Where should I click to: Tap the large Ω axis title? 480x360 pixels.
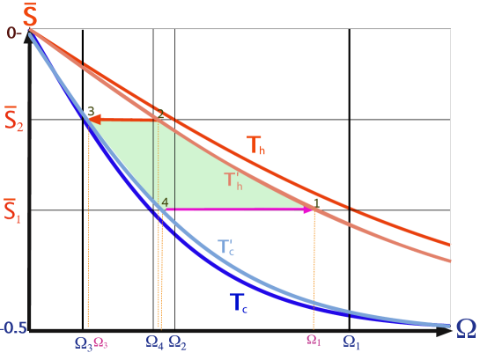(466, 328)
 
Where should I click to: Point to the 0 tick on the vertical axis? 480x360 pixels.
(11, 33)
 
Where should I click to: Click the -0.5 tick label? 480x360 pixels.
(13, 328)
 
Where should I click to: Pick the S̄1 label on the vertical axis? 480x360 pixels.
(12, 210)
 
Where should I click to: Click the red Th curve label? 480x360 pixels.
(255, 145)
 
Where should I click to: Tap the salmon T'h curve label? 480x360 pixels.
(234, 180)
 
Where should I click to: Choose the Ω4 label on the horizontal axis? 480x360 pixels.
(154, 342)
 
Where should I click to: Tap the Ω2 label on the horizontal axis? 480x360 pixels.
(177, 342)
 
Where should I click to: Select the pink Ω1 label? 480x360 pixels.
(314, 341)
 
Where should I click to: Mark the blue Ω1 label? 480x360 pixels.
(351, 342)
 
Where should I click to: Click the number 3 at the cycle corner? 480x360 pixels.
(91, 112)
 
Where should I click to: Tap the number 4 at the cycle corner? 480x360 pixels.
(165, 202)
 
